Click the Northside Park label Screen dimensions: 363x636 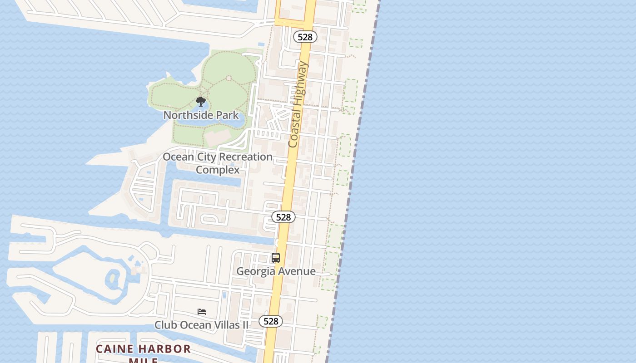(x=201, y=115)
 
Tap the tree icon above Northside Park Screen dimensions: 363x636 (x=201, y=102)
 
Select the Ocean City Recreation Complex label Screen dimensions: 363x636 (x=218, y=163)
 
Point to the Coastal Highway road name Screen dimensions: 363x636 (x=298, y=104)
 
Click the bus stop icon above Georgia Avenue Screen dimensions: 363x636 (x=276, y=258)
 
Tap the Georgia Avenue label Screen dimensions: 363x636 (x=276, y=271)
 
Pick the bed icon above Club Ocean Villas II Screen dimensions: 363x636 (x=202, y=312)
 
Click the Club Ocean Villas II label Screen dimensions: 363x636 (x=201, y=325)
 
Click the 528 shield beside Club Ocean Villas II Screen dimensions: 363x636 (x=271, y=321)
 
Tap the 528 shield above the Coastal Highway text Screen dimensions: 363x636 (x=305, y=37)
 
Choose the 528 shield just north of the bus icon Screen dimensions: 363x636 (x=283, y=217)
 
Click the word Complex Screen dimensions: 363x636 (x=218, y=170)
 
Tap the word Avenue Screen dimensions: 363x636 (x=298, y=271)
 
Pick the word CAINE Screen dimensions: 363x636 (x=115, y=349)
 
